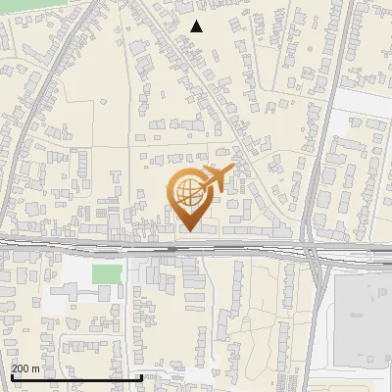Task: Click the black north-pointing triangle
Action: pos(197,26)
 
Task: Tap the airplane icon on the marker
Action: pos(215,180)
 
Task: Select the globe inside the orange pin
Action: pos(187,190)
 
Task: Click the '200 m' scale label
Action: pos(25,367)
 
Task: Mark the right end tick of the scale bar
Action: pos(142,376)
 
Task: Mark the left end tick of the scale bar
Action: pos(11,376)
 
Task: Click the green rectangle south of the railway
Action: pos(108,272)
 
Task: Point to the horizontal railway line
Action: pos(98,245)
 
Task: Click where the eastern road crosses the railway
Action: pos(312,248)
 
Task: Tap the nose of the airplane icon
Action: pos(231,171)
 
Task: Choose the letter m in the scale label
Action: pos(36,367)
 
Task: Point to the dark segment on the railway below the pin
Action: pos(172,247)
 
